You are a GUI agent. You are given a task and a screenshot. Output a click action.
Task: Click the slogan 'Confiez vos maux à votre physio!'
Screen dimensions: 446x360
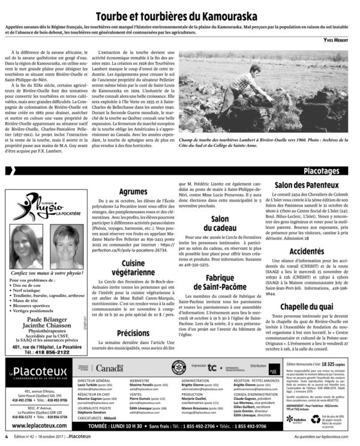(x=46, y=272)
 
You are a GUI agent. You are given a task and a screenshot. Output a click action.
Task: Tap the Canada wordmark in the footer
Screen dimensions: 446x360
(x=109, y=368)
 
